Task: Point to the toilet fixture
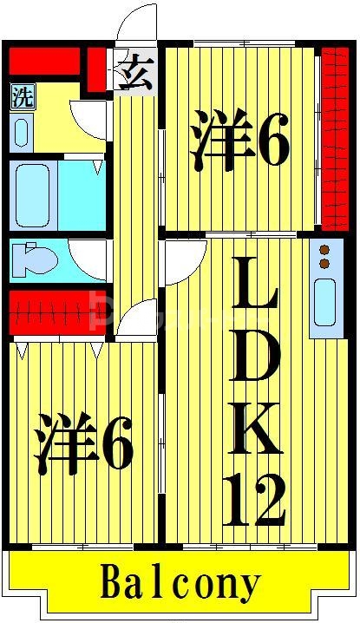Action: [x=35, y=258]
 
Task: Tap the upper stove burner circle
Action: [x=325, y=249]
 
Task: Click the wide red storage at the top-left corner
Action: [x=43, y=62]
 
